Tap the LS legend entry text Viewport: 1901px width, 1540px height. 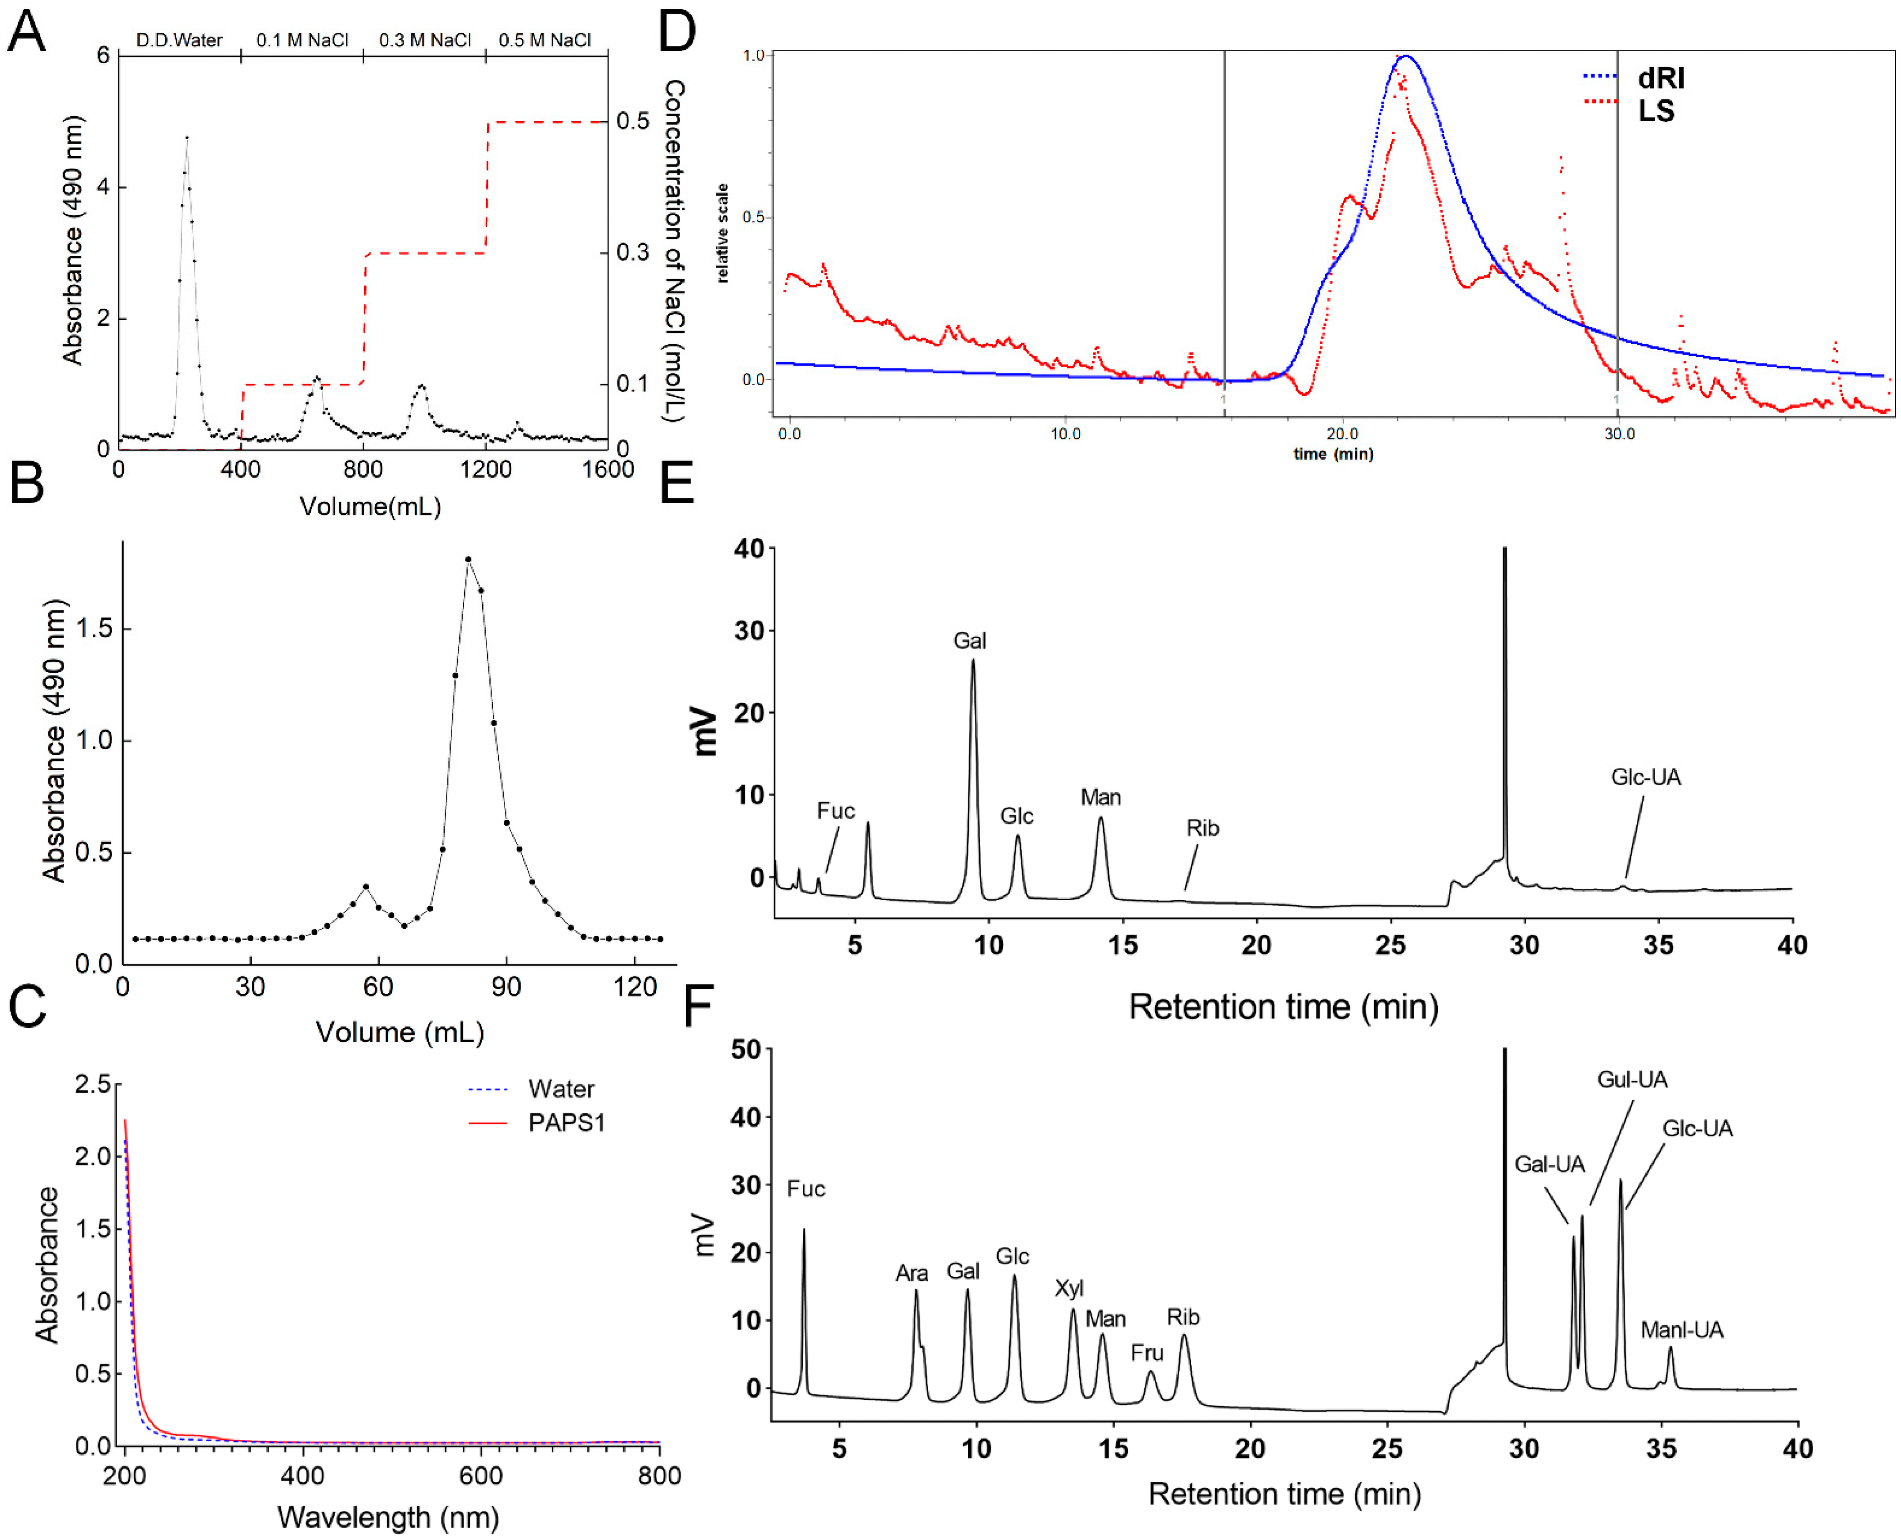click(x=1655, y=112)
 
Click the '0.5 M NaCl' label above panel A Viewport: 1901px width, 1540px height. click(x=544, y=40)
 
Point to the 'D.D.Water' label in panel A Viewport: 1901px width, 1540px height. click(x=179, y=40)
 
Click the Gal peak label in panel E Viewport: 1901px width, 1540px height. click(x=970, y=640)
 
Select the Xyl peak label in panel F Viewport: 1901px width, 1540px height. click(x=1069, y=1288)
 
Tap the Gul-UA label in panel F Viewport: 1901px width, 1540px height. click(x=1632, y=1080)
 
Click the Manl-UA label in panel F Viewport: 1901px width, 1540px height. click(x=1681, y=1330)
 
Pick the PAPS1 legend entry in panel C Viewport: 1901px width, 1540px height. click(x=566, y=1123)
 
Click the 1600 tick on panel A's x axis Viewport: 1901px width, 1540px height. click(x=608, y=469)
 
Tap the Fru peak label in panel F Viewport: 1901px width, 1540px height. click(x=1147, y=1353)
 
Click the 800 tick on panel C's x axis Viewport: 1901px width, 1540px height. click(x=659, y=1476)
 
